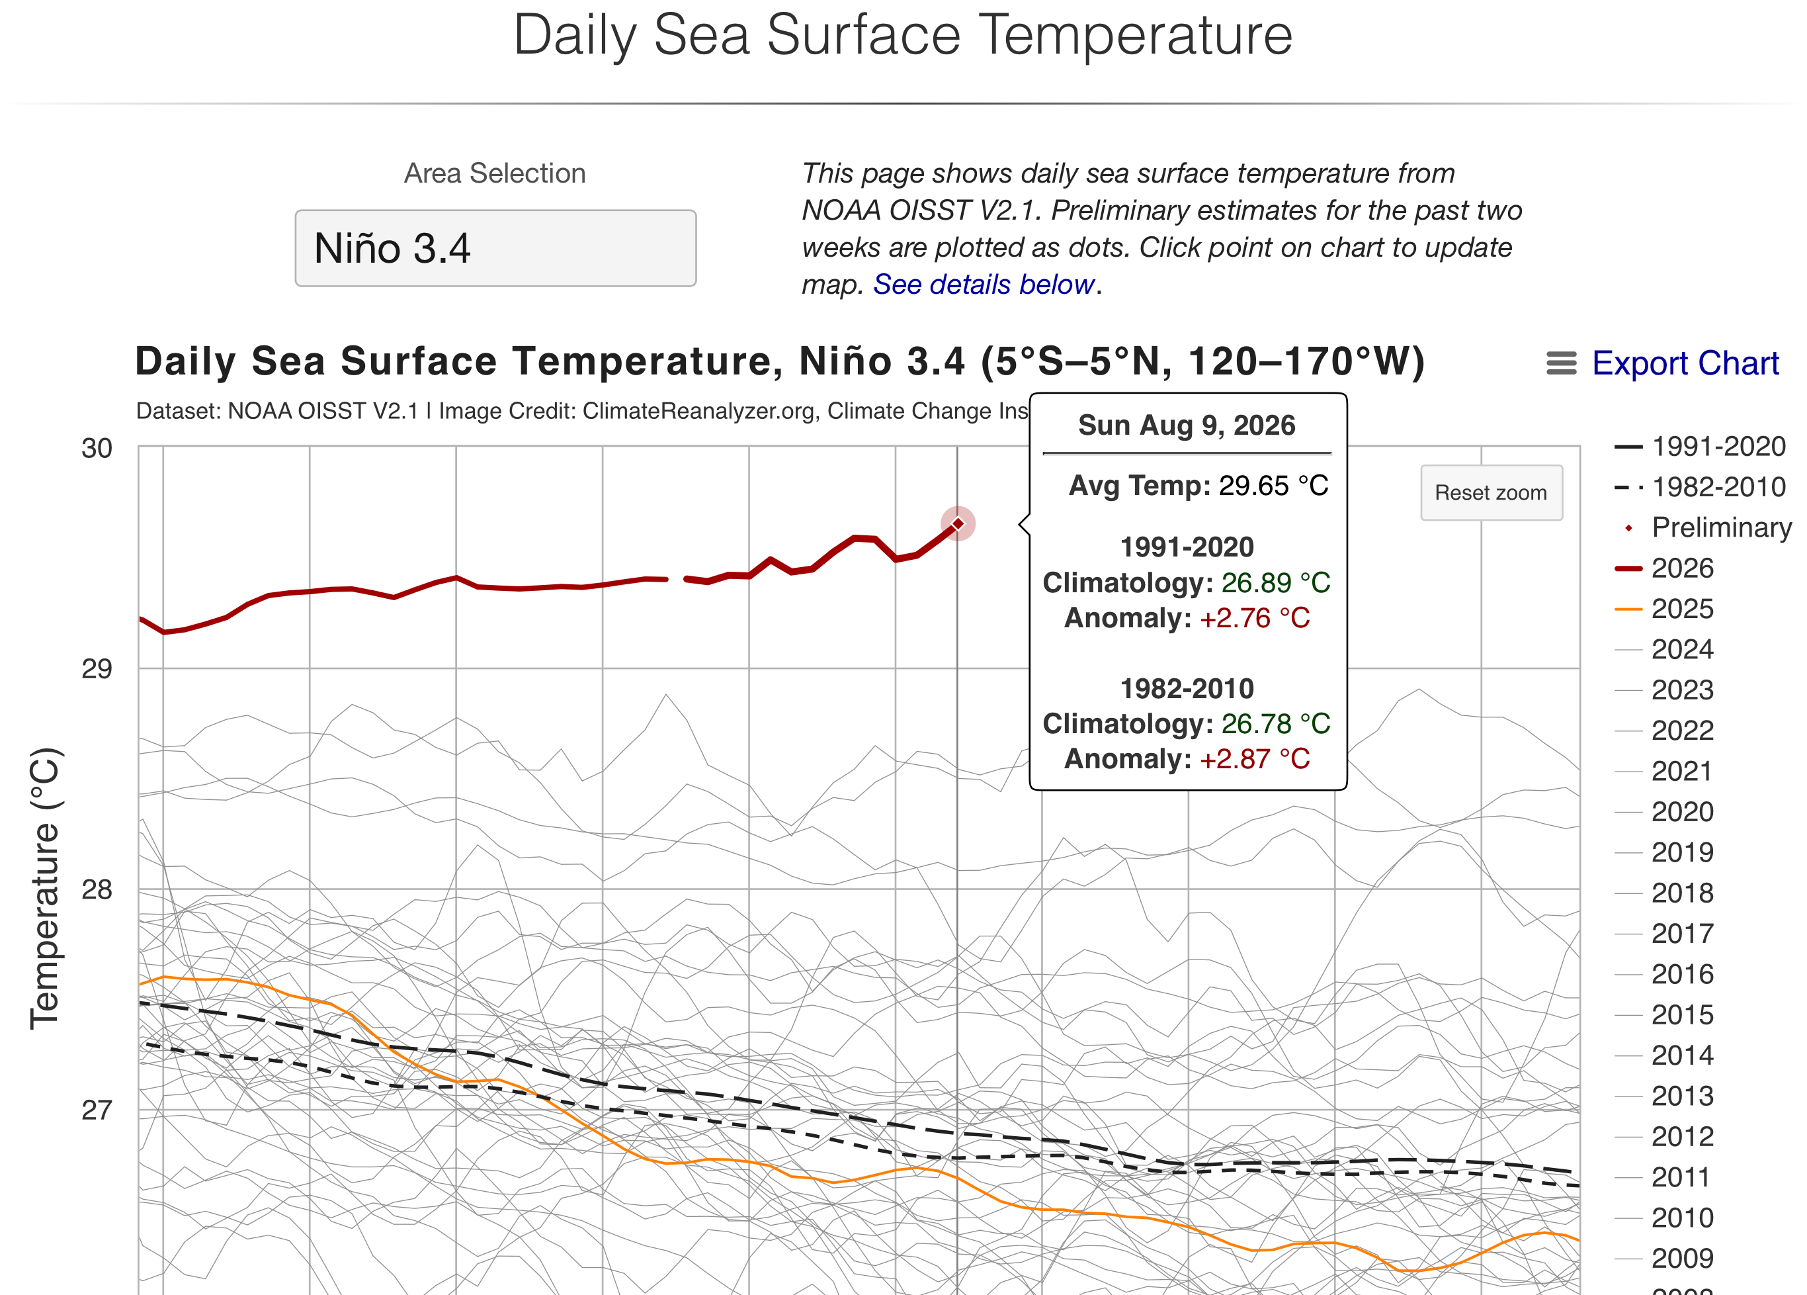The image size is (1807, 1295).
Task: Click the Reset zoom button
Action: [x=1491, y=492]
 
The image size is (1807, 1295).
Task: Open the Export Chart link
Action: [x=1685, y=363]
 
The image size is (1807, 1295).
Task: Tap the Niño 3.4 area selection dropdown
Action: [x=495, y=248]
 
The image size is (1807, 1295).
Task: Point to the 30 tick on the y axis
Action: [x=97, y=449]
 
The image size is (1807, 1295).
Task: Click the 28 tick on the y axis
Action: [x=97, y=889]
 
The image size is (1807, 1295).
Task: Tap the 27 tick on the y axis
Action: [x=97, y=1110]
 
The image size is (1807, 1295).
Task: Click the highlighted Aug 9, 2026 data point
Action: [x=958, y=523]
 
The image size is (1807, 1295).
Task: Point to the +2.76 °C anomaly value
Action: [x=1255, y=619]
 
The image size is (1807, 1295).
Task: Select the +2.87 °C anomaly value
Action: [x=1255, y=760]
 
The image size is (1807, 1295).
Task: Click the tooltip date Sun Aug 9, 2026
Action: [x=1187, y=425]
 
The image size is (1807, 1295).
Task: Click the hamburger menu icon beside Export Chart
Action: [x=1562, y=363]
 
